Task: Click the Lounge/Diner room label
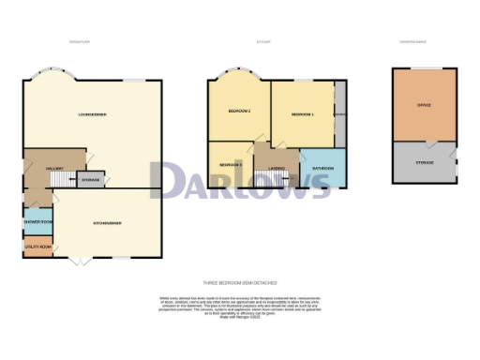coord(92,114)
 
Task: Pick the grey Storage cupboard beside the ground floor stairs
coord(90,178)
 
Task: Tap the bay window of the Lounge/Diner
coord(53,77)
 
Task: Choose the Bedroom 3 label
coord(231,164)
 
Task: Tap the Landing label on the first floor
coord(277,168)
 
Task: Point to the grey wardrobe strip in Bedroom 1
coord(339,112)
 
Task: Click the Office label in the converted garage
coord(427,107)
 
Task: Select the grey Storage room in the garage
coord(427,165)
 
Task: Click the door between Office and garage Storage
coord(429,142)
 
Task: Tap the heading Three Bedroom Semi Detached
coord(239,282)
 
